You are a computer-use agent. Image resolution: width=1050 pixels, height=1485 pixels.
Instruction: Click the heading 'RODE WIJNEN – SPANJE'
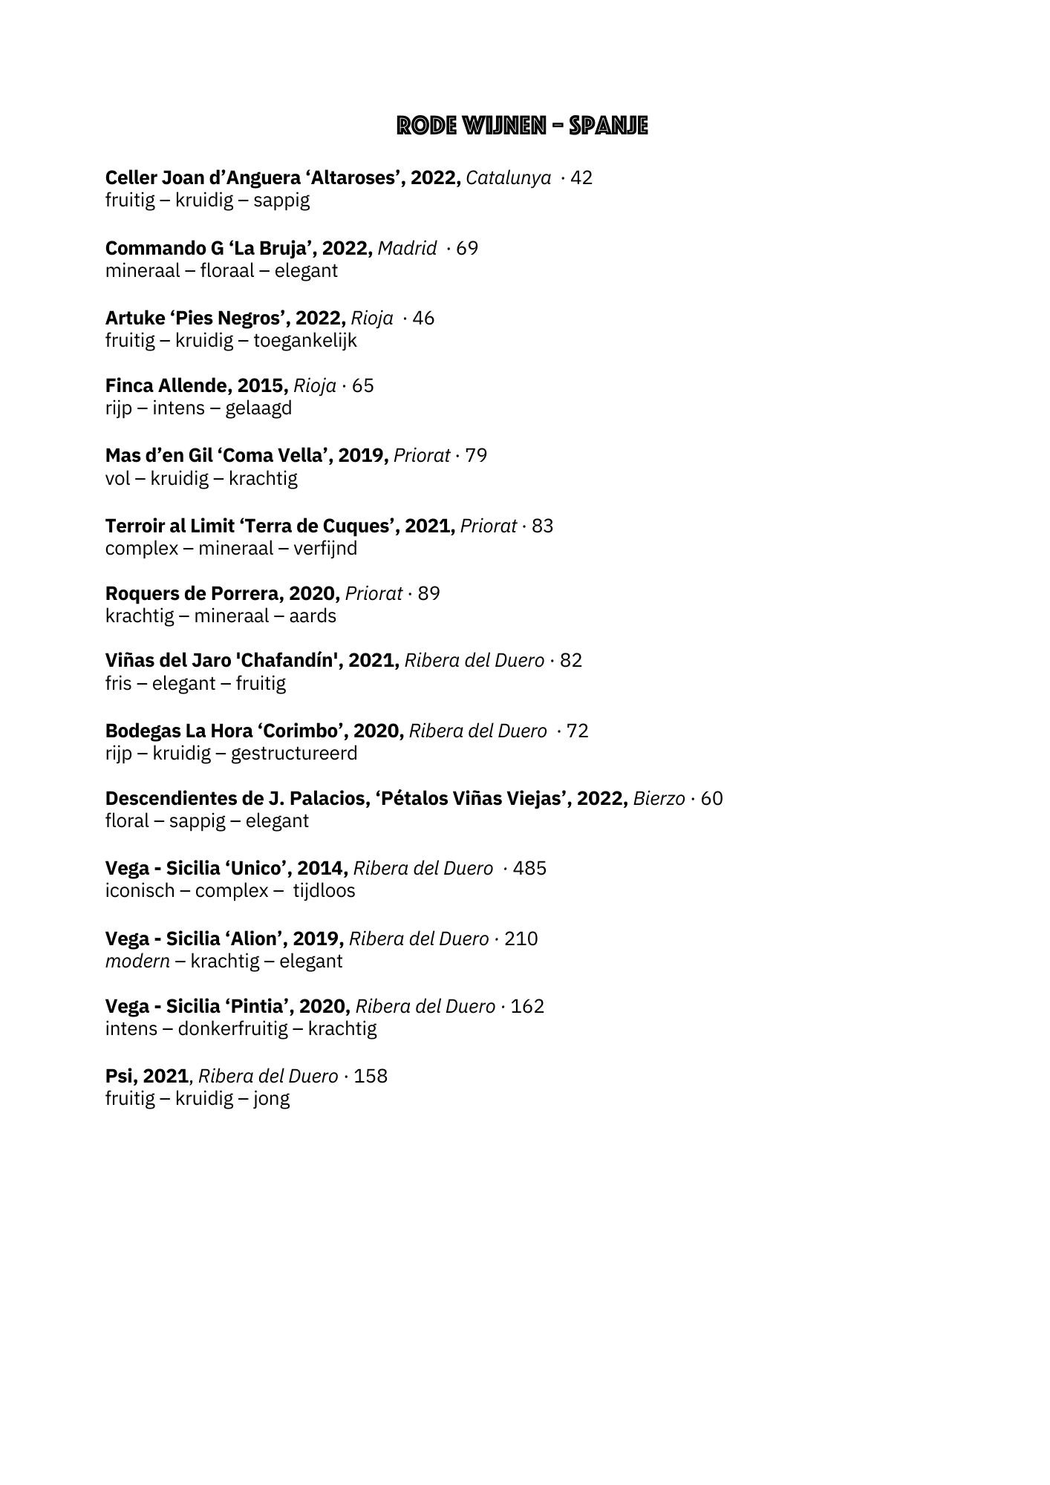522,126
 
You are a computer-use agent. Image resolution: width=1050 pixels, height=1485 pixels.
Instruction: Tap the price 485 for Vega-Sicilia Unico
529,868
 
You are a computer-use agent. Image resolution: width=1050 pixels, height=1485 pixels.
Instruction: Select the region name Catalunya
508,178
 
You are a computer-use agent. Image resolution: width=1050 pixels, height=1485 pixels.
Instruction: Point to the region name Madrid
407,248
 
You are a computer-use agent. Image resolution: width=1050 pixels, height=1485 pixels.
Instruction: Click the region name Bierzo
659,799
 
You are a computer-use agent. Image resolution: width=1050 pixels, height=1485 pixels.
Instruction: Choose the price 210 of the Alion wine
521,939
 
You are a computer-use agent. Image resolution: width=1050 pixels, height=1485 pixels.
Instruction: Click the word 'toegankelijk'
305,341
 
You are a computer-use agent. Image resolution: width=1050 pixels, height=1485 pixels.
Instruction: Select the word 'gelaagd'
258,408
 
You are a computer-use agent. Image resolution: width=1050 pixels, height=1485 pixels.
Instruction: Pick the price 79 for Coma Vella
476,455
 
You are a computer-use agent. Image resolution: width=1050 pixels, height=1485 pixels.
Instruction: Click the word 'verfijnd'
325,549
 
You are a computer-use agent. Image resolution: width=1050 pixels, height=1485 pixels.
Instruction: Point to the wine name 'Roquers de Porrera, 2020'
222,594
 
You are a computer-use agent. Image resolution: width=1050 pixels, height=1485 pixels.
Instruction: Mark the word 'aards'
313,616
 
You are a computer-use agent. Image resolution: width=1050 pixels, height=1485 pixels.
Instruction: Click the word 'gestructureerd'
294,754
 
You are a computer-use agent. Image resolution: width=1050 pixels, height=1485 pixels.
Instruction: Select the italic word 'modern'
137,962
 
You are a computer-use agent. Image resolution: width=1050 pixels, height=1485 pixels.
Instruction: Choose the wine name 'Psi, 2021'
147,1077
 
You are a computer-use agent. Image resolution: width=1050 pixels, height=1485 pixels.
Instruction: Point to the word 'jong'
271,1099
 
